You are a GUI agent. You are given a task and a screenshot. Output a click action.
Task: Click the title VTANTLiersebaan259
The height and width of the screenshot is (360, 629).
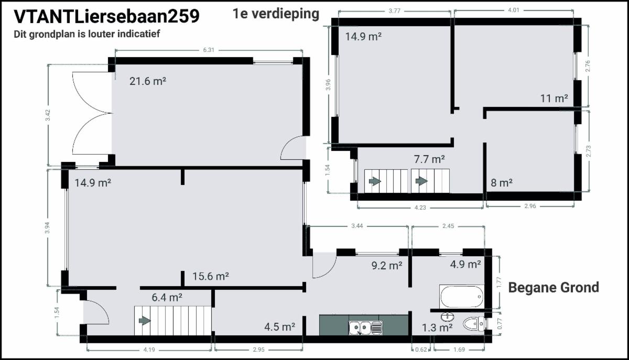107,16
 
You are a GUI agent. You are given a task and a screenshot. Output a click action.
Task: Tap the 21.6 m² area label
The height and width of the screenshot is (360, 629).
148,81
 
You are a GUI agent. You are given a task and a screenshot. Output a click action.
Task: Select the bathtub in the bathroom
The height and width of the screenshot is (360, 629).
462,297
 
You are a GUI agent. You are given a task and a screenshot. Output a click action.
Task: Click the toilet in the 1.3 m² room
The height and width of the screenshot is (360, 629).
474,324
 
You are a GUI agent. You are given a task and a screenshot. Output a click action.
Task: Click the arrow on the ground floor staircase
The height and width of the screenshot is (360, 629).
145,320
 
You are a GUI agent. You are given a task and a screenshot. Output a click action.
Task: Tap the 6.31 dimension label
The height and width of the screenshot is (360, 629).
209,50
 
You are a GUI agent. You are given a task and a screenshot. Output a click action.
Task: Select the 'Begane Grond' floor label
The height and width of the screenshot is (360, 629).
554,288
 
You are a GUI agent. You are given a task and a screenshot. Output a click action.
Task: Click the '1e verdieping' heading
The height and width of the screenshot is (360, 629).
276,14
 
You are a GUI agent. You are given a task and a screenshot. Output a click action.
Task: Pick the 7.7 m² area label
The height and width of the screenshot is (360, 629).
429,159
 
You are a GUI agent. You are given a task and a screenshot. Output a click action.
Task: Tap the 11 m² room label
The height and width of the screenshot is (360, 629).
554,99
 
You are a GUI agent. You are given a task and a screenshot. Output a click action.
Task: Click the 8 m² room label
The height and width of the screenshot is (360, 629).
502,183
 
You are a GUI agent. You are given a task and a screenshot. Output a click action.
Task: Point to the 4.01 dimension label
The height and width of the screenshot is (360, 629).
514,10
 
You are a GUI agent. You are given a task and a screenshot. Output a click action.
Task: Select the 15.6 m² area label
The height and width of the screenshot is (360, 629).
211,276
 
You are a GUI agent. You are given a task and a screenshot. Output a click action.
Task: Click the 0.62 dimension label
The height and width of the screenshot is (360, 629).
421,350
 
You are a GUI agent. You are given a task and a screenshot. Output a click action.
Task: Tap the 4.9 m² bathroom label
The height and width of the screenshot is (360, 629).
465,264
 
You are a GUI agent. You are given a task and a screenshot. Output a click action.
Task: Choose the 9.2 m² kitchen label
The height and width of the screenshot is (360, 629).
387,265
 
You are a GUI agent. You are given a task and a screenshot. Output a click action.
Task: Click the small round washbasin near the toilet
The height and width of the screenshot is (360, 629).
448,317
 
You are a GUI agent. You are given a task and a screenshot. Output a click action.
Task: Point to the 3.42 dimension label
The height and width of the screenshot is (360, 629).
48,115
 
